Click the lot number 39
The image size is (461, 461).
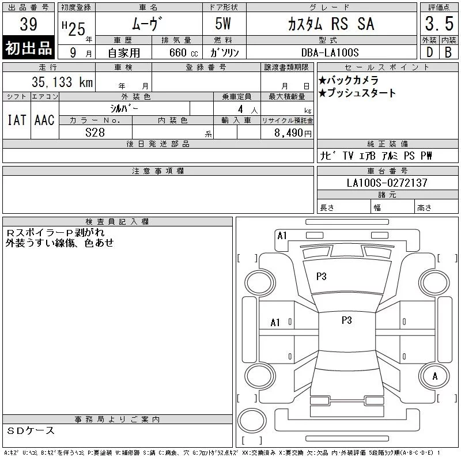pos(28,24)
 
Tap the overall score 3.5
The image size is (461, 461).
pos(439,24)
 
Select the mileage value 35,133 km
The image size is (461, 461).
pos(62,82)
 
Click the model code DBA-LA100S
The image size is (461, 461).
pos(330,52)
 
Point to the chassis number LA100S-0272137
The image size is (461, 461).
pos(387,183)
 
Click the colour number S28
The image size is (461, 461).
pos(95,133)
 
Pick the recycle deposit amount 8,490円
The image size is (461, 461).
pos(293,133)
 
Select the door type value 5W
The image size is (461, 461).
pos(223,24)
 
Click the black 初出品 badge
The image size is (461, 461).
pos(28,47)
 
